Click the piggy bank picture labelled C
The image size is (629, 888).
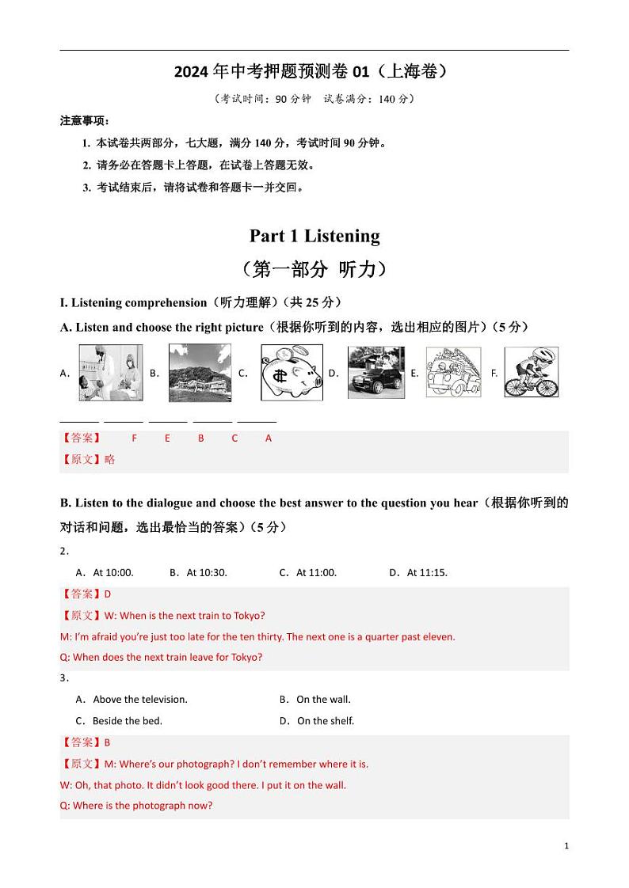(x=292, y=373)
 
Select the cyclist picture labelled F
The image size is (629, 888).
(x=532, y=372)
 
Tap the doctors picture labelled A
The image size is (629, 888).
(x=111, y=373)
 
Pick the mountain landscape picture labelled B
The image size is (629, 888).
(x=200, y=373)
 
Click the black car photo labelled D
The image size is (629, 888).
(x=375, y=372)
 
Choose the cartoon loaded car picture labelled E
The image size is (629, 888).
(x=453, y=372)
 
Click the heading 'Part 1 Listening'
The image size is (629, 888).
(x=314, y=236)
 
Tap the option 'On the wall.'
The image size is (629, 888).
(x=323, y=699)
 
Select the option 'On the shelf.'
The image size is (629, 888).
(x=325, y=720)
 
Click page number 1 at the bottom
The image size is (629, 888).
(x=566, y=846)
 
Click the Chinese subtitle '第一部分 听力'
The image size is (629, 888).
(x=314, y=270)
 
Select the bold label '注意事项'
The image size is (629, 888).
(x=83, y=121)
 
